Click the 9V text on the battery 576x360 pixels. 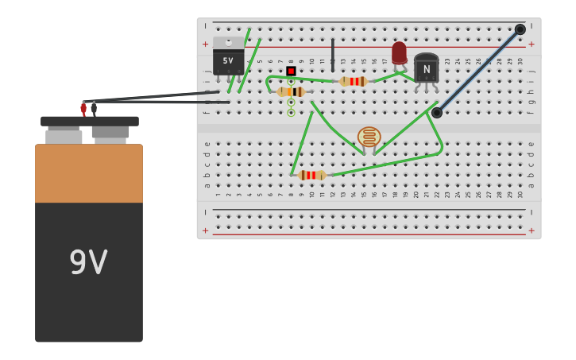pyautogui.click(x=88, y=263)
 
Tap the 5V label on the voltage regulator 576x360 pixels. pyautogui.click(x=228, y=60)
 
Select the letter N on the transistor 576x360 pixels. pyautogui.click(x=427, y=69)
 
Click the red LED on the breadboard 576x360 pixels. pyautogui.click(x=399, y=53)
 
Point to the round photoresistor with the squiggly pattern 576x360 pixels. pyautogui.click(x=369, y=137)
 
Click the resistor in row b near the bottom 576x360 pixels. pyautogui.click(x=311, y=175)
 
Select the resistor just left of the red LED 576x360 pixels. pyautogui.click(x=354, y=81)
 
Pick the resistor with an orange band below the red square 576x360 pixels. pyautogui.click(x=291, y=92)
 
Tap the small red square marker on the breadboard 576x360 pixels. pyautogui.click(x=291, y=71)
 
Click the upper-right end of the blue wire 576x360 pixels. pyautogui.click(x=520, y=29)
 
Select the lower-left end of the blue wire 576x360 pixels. pyautogui.click(x=437, y=113)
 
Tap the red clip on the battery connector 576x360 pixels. pyautogui.click(x=83, y=108)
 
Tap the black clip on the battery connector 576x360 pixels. pyautogui.click(x=94, y=107)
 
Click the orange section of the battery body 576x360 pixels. pyautogui.click(x=89, y=173)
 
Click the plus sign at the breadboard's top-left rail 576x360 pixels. pyautogui.click(x=205, y=44)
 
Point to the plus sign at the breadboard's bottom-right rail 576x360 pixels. pyautogui.click(x=532, y=230)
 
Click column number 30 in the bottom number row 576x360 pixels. pyautogui.click(x=520, y=194)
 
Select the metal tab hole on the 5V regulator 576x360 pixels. pyautogui.click(x=229, y=42)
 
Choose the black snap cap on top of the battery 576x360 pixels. pyautogui.click(x=90, y=122)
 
